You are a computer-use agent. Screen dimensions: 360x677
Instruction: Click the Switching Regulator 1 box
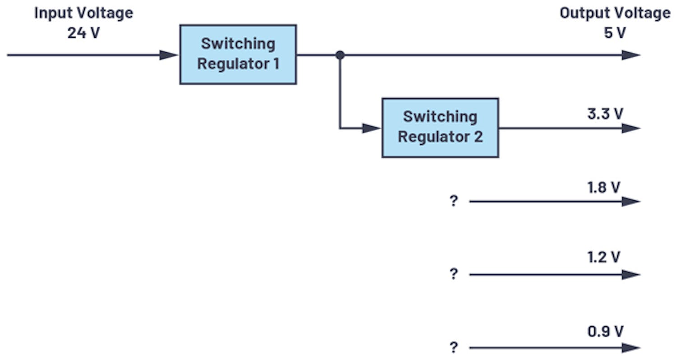pos(238,55)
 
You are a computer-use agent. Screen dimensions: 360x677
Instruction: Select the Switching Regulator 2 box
pos(440,128)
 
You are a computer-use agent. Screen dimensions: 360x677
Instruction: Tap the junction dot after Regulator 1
pos(340,55)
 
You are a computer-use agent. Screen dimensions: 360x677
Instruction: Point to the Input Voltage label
pos(83,13)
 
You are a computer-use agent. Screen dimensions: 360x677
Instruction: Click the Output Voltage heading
pos(615,13)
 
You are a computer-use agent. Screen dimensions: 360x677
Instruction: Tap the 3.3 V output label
pos(605,114)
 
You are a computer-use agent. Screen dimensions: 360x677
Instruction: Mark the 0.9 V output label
pos(605,332)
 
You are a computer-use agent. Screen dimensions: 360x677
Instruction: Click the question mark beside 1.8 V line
pos(454,201)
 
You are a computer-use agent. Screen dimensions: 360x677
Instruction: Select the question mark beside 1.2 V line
pos(454,274)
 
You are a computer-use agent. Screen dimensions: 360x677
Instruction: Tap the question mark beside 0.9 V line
pos(454,348)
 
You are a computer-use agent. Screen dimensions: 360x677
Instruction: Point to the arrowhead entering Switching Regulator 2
pos(372,128)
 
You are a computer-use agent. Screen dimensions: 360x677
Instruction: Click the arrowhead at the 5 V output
pos(631,55)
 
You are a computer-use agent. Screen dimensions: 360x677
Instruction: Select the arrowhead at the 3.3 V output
pos(631,128)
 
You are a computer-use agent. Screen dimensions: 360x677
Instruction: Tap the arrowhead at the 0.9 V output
pos(631,348)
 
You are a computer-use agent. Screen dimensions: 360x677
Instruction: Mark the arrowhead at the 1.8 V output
pos(631,201)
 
